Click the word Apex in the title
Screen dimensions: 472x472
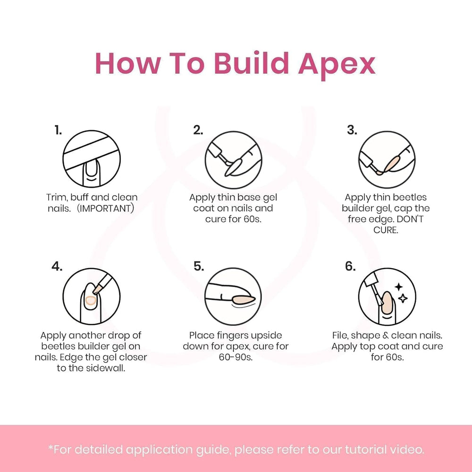[x=337, y=65]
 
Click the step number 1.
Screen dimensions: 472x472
[x=58, y=130]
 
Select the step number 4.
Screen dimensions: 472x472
[x=57, y=266]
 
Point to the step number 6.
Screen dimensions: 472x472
[x=350, y=266]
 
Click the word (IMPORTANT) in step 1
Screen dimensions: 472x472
[x=105, y=208]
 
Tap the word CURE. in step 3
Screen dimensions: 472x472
[x=386, y=230]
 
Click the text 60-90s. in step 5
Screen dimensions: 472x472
[x=236, y=357]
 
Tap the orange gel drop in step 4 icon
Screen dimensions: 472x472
[x=90, y=300]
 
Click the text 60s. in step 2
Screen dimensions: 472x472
[x=252, y=219]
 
